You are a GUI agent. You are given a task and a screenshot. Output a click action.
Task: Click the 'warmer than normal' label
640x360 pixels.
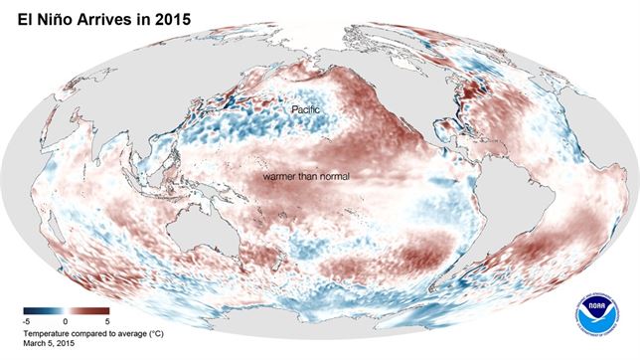tap(307, 176)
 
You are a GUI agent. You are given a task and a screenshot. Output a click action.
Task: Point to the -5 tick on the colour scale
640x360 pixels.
tap(26, 322)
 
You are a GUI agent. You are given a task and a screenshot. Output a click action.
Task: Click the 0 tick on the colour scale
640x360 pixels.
tap(63, 322)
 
